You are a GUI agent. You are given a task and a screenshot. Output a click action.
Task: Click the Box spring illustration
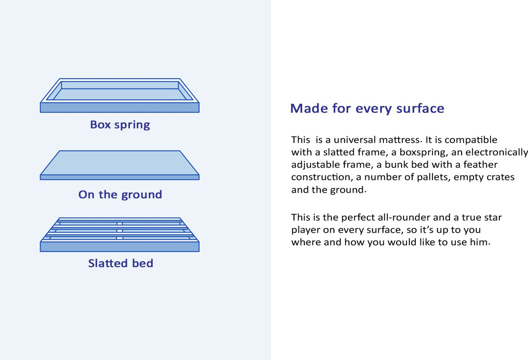(120, 96)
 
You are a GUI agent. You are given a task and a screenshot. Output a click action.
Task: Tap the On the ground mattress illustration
(120, 165)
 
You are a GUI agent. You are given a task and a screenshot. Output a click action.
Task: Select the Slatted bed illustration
(120, 234)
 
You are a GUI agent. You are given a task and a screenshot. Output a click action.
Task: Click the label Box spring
(120, 125)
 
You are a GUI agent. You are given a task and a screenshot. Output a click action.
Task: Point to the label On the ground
(120, 195)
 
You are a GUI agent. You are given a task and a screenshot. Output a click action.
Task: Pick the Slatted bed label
(120, 263)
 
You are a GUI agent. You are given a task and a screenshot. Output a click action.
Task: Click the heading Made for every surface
(367, 108)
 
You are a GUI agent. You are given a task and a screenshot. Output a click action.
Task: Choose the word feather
(480, 165)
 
